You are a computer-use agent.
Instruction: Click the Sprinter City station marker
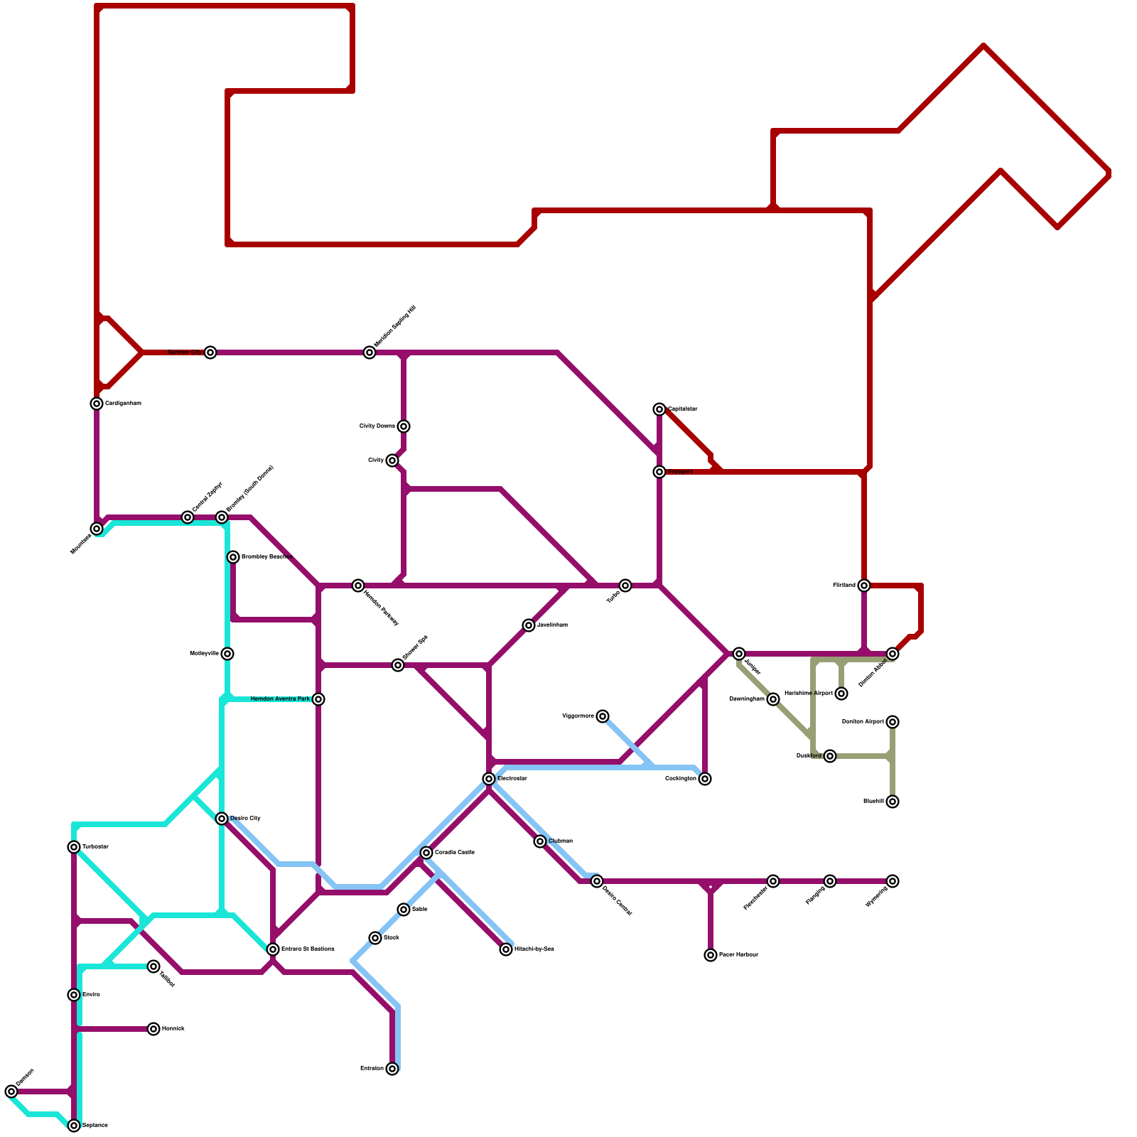click(210, 352)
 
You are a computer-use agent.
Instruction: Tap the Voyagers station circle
click(659, 472)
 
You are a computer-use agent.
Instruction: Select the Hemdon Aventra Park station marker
click(318, 699)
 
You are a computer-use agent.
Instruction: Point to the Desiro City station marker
click(222, 819)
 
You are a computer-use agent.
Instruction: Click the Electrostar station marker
click(489, 779)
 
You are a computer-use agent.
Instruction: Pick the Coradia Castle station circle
click(426, 853)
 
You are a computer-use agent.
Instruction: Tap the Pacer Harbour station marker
click(711, 955)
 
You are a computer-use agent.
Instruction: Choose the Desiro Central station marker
click(597, 881)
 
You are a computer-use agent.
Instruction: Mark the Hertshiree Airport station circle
click(841, 694)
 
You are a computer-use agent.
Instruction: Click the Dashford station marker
click(830, 756)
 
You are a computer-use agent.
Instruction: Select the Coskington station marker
click(705, 779)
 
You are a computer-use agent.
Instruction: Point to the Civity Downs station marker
click(404, 426)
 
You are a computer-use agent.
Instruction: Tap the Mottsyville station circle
click(227, 654)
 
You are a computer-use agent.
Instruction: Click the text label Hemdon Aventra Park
click(280, 699)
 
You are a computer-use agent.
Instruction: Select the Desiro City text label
click(245, 819)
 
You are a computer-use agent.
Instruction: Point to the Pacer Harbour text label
click(738, 955)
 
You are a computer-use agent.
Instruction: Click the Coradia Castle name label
click(454, 852)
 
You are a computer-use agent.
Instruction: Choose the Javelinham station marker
click(529, 625)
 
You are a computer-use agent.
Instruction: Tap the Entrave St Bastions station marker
click(273, 949)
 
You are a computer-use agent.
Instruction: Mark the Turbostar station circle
click(74, 847)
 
